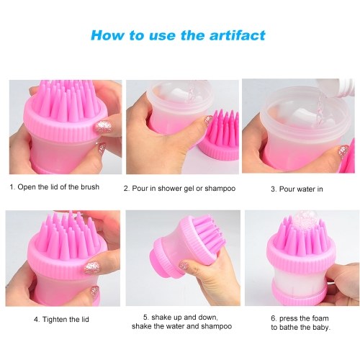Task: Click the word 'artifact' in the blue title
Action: (x=238, y=35)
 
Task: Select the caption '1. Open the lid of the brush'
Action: (x=55, y=187)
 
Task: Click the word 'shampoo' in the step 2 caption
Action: (x=220, y=189)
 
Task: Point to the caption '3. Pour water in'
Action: (x=297, y=189)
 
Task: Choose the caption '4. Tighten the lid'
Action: (x=61, y=320)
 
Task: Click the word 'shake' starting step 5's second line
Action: (x=141, y=326)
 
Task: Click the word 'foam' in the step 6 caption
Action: (x=319, y=318)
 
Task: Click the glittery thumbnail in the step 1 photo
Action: (x=104, y=126)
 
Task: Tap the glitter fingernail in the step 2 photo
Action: (x=208, y=120)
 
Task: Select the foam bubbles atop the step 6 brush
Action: (x=303, y=220)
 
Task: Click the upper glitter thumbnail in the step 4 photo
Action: (x=92, y=269)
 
